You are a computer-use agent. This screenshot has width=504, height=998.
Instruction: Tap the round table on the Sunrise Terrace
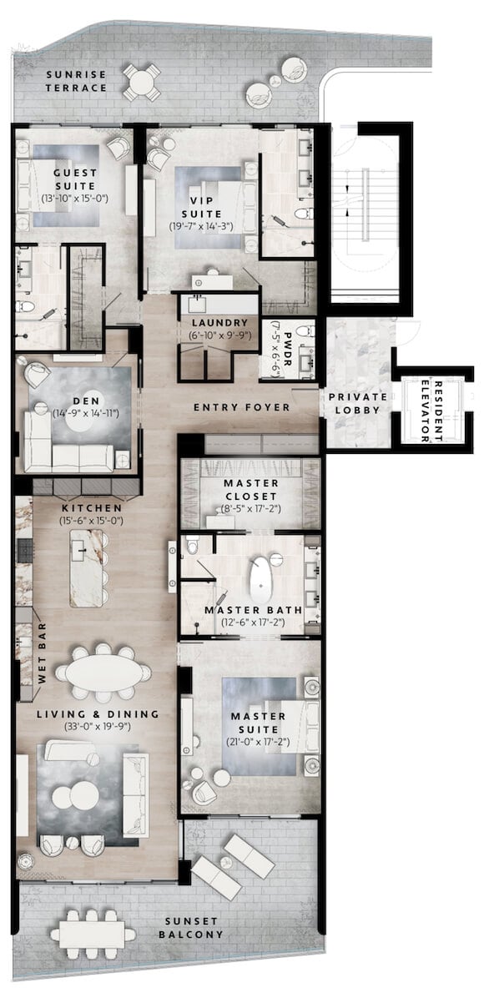click(142, 81)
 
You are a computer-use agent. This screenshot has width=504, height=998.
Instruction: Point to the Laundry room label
click(219, 323)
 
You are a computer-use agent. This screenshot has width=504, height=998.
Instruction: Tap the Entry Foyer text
click(241, 407)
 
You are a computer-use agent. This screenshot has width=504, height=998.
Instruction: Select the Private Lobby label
click(357, 404)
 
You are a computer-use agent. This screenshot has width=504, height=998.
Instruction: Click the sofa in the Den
click(71, 455)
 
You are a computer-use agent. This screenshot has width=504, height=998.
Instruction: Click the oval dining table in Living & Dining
click(103, 671)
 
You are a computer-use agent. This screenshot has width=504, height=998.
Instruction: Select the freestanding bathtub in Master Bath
click(260, 579)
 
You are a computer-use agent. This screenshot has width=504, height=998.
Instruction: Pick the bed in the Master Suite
click(267, 726)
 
